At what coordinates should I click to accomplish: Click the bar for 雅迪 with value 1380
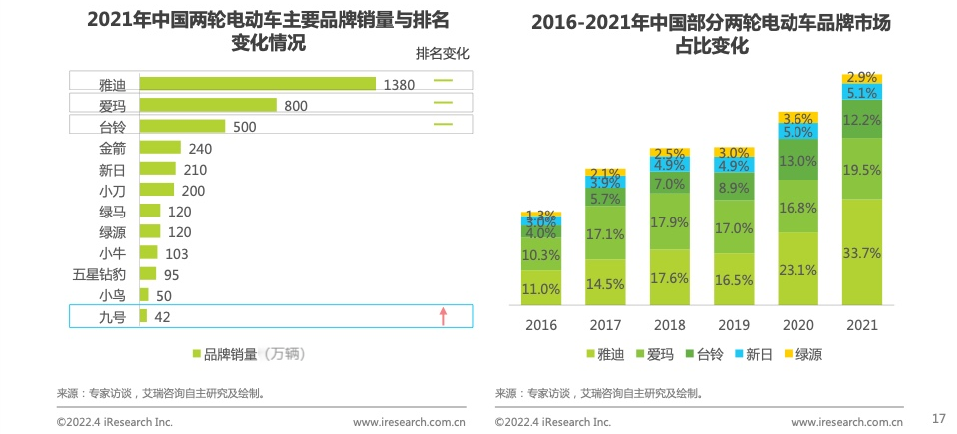(257, 84)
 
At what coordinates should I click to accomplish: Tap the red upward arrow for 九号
(443, 316)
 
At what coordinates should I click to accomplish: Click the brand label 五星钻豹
(99, 274)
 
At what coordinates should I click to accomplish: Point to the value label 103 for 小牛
(176, 253)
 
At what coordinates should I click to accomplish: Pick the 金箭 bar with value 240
(160, 148)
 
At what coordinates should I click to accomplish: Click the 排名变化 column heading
(442, 53)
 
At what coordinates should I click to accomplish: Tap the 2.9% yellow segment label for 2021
(861, 77)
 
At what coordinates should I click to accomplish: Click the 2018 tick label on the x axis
(669, 325)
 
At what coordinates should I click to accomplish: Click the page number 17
(937, 417)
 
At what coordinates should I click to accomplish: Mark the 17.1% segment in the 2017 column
(605, 233)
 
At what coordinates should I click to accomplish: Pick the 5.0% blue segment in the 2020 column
(797, 132)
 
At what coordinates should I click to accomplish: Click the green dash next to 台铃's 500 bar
(443, 126)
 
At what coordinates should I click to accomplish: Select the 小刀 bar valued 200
(156, 190)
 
